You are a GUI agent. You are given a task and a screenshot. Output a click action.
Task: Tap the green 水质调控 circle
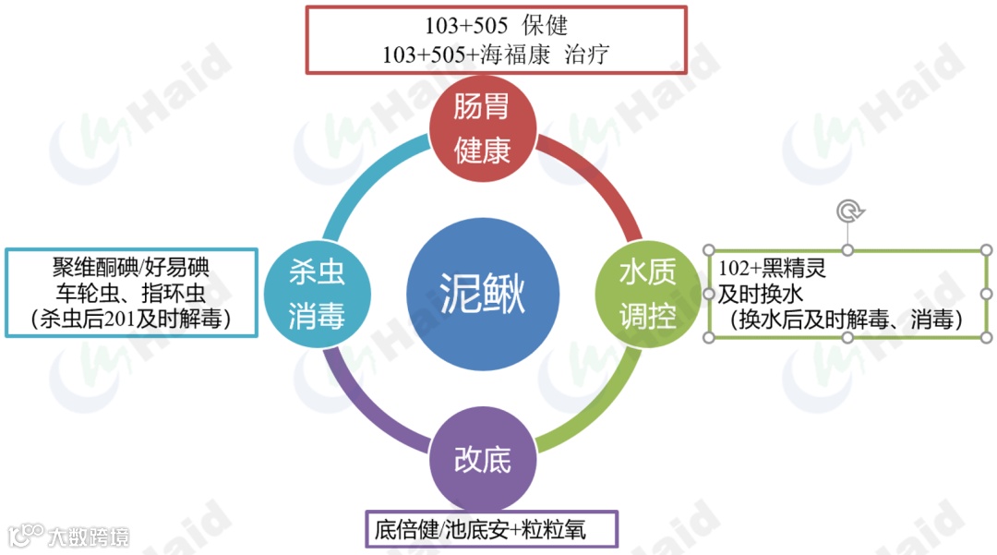647,295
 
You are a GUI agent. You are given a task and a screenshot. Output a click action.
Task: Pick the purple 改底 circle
482,459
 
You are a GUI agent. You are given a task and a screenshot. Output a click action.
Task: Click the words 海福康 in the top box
515,54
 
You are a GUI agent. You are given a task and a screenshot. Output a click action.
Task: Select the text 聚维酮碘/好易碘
130,268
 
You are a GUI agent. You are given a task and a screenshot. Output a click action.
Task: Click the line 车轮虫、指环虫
130,294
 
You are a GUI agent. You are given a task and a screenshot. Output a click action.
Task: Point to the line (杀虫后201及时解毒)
130,319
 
